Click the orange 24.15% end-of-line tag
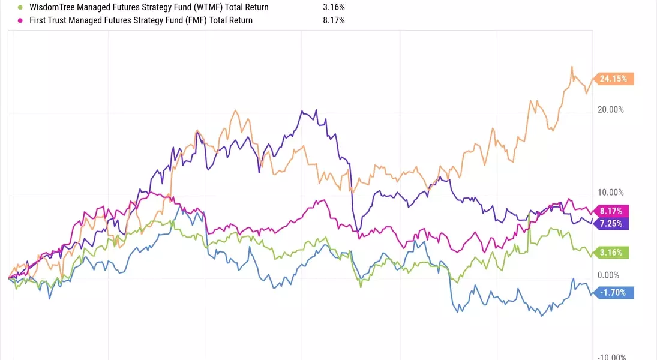[614, 79]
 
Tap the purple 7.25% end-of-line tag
[610, 223]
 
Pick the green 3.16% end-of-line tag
[610, 252]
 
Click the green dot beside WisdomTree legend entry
[20, 7]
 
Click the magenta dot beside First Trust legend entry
[20, 20]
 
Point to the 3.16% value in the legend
[334, 7]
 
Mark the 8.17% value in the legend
[334, 20]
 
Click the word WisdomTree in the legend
[52, 7]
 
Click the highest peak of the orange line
[572, 67]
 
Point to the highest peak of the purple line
[302, 110]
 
